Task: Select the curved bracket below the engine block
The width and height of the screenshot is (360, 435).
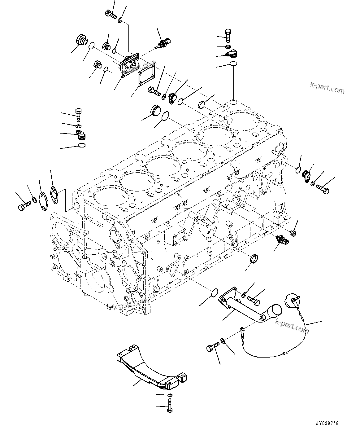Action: [x=152, y=369]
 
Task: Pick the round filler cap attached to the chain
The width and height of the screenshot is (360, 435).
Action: [x=291, y=300]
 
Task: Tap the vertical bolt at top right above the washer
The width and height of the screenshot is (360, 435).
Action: [x=228, y=35]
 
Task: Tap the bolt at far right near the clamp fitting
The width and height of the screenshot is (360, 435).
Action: [x=323, y=189]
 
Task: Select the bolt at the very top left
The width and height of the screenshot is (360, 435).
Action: [x=111, y=14]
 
